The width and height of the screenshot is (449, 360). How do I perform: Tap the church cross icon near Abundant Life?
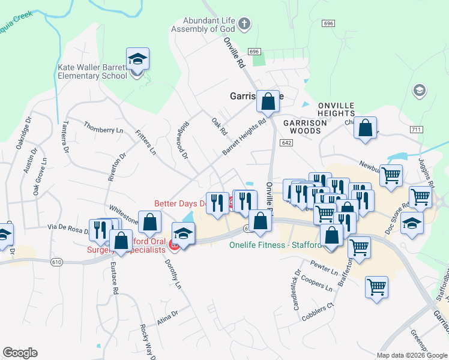pos(244,24)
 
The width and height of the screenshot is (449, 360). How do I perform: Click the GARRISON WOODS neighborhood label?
pos(304,126)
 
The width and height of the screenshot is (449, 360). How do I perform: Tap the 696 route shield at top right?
pos(328,23)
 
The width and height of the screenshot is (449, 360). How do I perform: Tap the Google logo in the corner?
pos(20,353)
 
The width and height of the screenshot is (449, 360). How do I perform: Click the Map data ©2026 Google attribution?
pos(411,355)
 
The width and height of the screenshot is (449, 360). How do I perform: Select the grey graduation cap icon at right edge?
pos(420,91)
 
